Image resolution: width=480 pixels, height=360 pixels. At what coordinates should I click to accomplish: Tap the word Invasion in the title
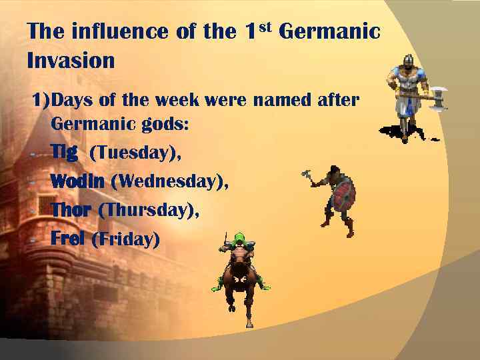(x=71, y=61)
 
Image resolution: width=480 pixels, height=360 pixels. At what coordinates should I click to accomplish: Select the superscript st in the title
(x=265, y=27)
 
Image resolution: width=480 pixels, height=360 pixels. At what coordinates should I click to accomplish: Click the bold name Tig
(x=64, y=153)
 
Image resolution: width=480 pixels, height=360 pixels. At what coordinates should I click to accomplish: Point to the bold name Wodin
(x=77, y=181)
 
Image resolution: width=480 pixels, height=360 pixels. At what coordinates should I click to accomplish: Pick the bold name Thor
(x=71, y=210)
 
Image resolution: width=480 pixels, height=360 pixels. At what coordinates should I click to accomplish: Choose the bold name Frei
(x=67, y=239)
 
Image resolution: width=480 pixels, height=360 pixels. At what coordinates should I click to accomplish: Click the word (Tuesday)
(x=135, y=153)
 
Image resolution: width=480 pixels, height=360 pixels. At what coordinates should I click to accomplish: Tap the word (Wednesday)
(x=169, y=181)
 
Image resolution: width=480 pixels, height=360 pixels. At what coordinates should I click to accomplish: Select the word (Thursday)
(x=148, y=210)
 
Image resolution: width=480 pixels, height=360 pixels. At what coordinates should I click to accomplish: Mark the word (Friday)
(x=125, y=239)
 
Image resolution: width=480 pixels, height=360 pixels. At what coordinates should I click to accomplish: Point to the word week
(x=179, y=101)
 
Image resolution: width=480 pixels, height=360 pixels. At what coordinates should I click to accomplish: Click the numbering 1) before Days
(x=41, y=101)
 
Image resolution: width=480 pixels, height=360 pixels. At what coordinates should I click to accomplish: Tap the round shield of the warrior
(x=343, y=195)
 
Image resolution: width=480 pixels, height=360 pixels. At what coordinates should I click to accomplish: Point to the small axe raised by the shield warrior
(x=307, y=175)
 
